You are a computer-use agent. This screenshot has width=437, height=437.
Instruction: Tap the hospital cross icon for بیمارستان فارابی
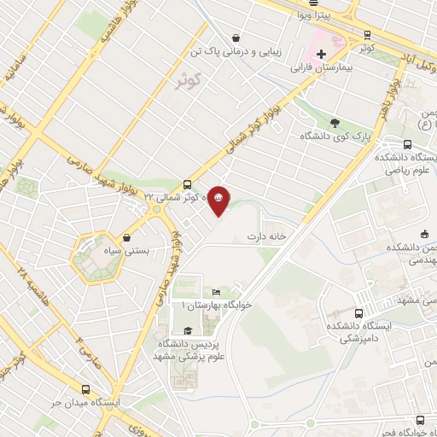click(320, 53)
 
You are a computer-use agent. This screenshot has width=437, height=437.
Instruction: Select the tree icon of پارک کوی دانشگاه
click(335, 122)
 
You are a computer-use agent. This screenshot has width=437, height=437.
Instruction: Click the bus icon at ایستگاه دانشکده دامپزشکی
click(359, 313)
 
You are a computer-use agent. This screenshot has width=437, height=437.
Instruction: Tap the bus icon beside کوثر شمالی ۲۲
click(187, 184)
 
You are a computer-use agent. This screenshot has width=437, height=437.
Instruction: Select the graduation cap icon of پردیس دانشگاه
click(187, 330)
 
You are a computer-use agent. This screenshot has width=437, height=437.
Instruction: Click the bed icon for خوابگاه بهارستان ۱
click(225, 293)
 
